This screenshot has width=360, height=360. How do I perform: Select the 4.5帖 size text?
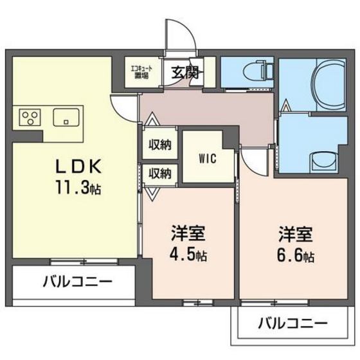pyautogui.click(x=188, y=255)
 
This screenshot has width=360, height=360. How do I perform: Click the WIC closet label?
pyautogui.click(x=206, y=156)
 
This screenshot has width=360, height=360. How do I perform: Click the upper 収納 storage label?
pyautogui.click(x=161, y=145)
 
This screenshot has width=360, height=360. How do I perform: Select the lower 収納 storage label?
pyautogui.click(x=161, y=173)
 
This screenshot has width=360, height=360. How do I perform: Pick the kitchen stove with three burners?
pyautogui.click(x=30, y=117)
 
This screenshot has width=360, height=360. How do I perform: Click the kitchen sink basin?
pyautogui.click(x=66, y=118)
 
